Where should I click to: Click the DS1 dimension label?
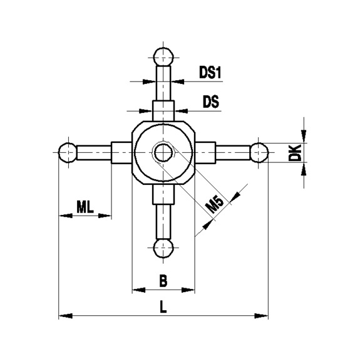(x=211, y=73)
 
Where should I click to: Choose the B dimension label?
(x=163, y=281)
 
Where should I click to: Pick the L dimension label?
(x=163, y=307)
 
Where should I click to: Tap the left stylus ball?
(x=68, y=152)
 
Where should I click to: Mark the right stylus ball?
(x=259, y=152)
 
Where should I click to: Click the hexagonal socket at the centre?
(x=163, y=152)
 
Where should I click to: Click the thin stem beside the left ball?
(x=94, y=152)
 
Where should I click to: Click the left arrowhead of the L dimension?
(x=63, y=316)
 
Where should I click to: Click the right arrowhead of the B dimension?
(x=188, y=290)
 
